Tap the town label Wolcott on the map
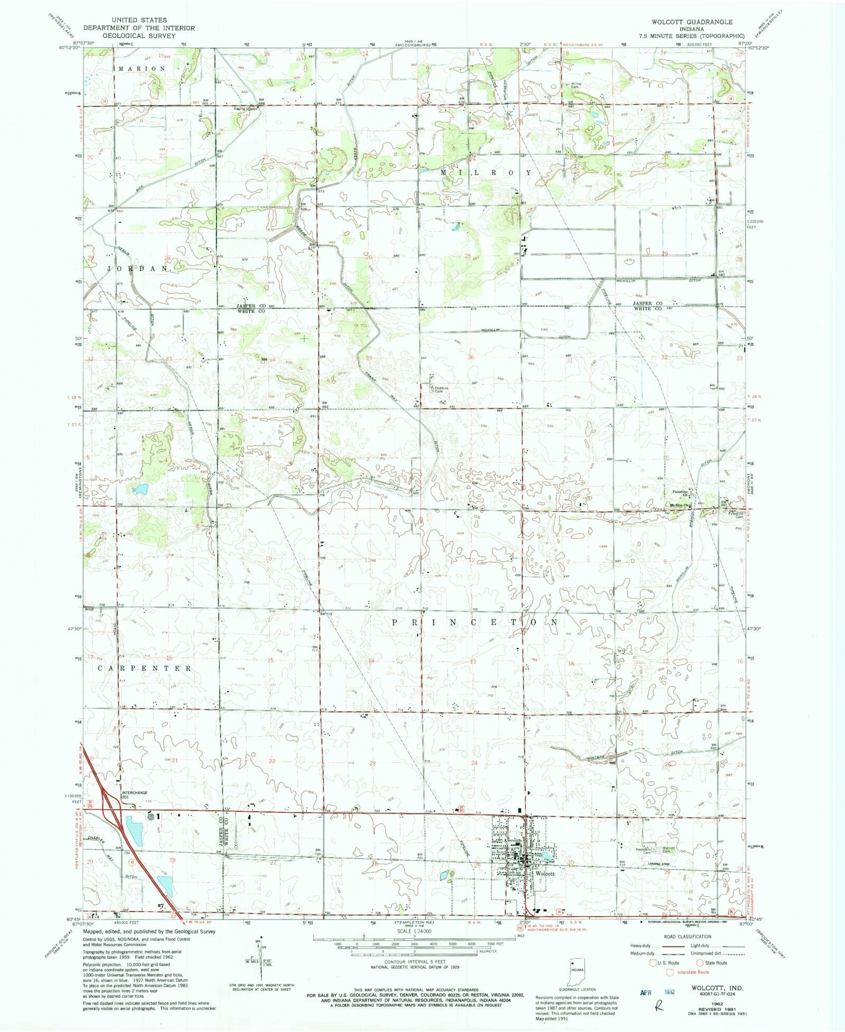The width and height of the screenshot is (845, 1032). click(x=545, y=874)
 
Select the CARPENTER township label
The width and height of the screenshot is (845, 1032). click(x=145, y=668)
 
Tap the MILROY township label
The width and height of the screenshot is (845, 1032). click(x=485, y=173)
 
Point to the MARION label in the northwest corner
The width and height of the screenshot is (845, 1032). click(x=142, y=69)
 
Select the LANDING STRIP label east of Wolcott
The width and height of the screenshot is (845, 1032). click(x=662, y=864)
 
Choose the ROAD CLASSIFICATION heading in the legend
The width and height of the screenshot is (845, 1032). click(x=687, y=936)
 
